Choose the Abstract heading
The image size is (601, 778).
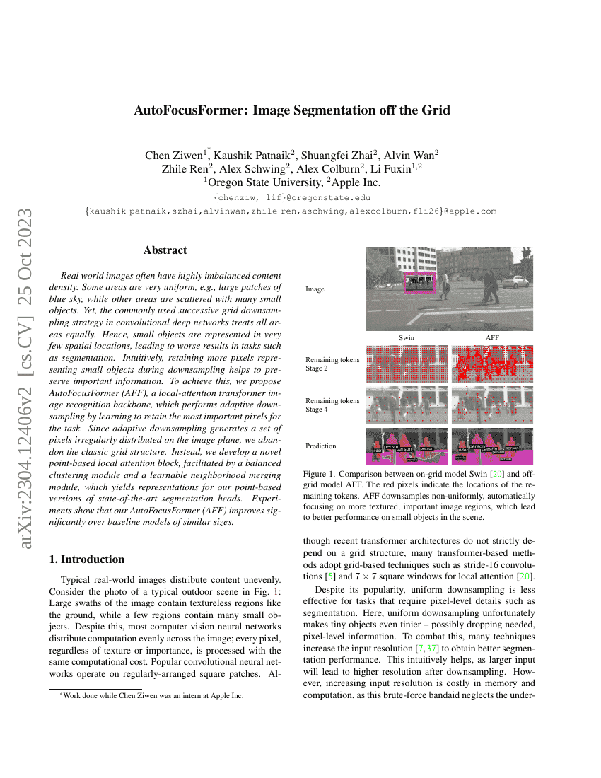point(165,250)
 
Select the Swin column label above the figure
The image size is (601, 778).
point(407,338)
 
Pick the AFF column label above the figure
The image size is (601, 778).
point(492,338)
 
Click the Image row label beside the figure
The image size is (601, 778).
point(315,289)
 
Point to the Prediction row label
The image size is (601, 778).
point(321,446)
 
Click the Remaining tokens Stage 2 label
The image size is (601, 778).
point(332,364)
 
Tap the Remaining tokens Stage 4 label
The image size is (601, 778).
point(332,405)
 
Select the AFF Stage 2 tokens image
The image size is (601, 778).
point(492,364)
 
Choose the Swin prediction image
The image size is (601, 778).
point(407,446)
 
